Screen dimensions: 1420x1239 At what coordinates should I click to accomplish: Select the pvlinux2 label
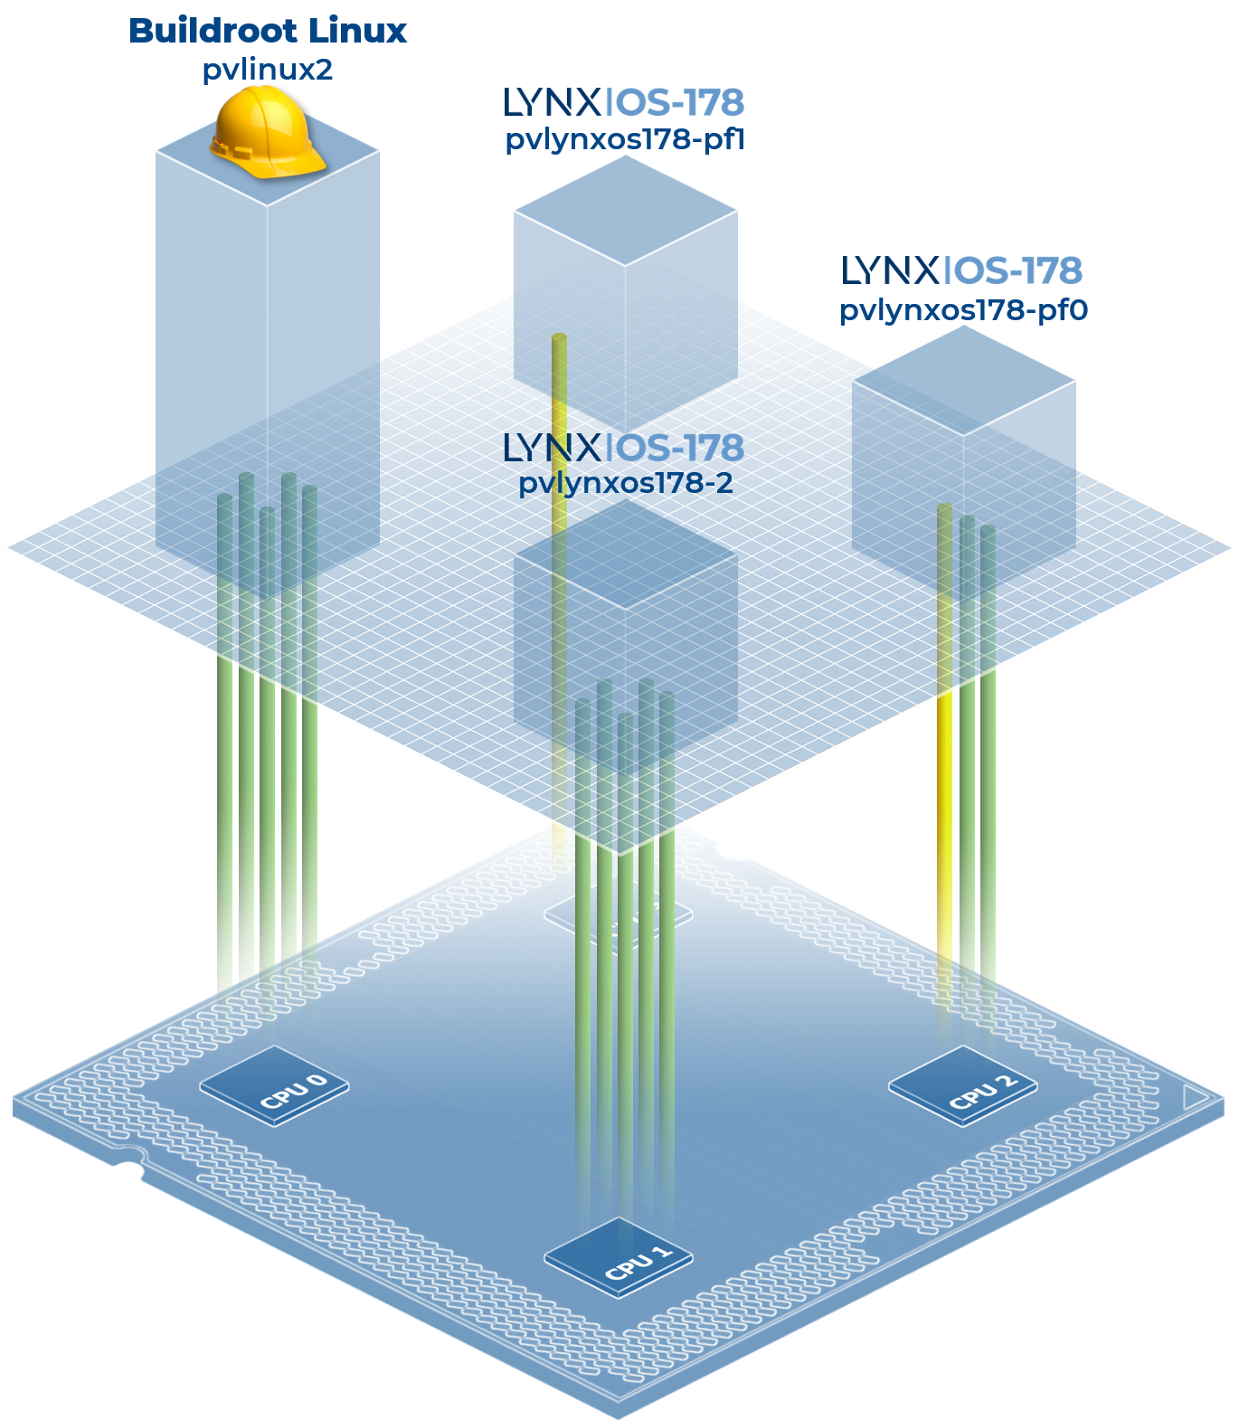[268, 70]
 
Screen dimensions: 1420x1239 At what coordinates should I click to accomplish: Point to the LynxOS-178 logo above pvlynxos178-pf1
[623, 103]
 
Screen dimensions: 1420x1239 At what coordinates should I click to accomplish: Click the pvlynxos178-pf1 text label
[624, 140]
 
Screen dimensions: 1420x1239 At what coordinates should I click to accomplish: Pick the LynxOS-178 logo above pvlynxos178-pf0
[961, 270]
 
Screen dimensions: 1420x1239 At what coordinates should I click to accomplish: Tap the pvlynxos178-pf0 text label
[963, 310]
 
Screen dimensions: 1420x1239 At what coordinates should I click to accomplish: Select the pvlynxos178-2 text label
[626, 483]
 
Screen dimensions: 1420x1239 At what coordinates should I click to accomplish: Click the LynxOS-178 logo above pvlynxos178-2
[623, 447]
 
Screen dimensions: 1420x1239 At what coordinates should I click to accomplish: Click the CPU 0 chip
[274, 1086]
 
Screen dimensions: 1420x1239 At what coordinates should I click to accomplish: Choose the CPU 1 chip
[619, 1257]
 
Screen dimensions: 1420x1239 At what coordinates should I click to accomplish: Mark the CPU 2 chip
[963, 1085]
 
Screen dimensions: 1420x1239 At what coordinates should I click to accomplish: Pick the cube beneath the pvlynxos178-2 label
[625, 615]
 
